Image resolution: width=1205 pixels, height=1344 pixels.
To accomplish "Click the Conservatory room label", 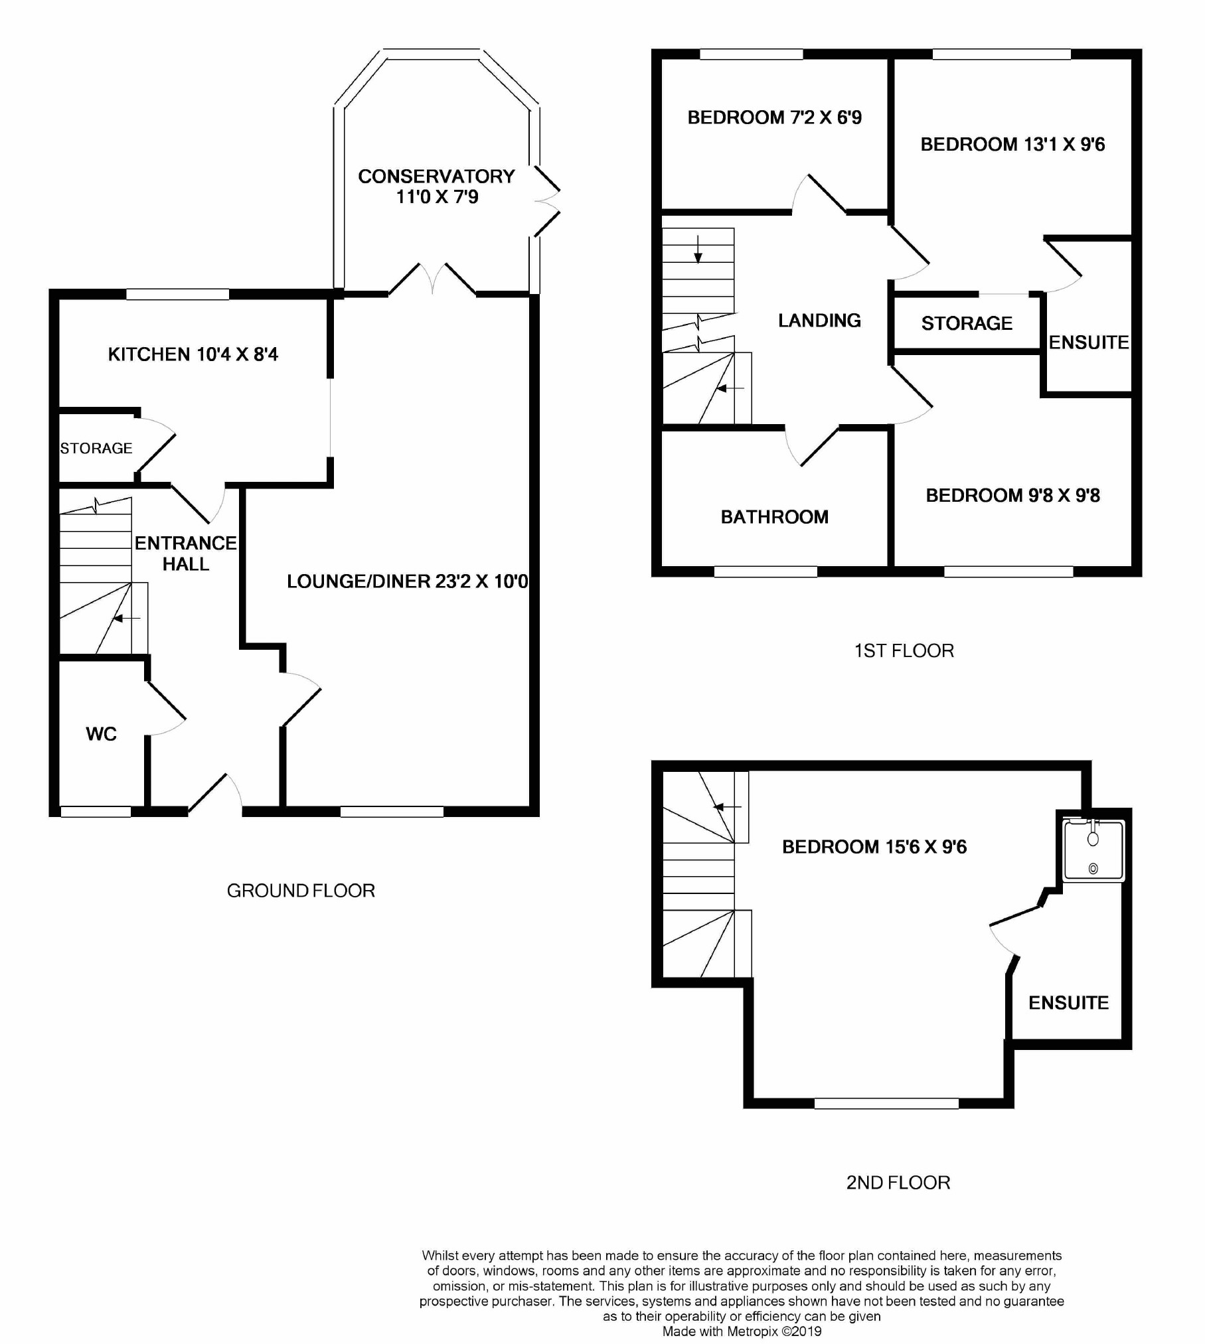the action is click(x=436, y=187).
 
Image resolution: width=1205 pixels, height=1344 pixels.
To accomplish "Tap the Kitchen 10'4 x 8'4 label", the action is click(x=193, y=354).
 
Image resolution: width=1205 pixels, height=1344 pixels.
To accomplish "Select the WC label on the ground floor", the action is click(x=101, y=734).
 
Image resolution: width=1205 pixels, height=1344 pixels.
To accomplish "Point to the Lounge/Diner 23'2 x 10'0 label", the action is click(x=407, y=581).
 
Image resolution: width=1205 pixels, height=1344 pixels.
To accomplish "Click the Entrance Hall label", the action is click(x=185, y=554).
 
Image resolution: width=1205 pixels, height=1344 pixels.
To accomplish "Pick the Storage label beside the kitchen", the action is click(x=96, y=449).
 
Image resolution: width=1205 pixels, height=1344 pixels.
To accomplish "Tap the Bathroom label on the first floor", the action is click(x=774, y=517).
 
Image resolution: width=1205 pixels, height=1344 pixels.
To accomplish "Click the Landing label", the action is click(x=819, y=321).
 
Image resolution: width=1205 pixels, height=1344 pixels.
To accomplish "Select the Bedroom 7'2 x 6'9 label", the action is click(x=774, y=117).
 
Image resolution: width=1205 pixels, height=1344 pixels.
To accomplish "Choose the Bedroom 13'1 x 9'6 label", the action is click(x=1012, y=145).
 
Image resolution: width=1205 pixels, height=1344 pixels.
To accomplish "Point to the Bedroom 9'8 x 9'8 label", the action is click(x=1012, y=496).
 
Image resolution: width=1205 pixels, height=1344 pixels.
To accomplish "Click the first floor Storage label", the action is click(x=967, y=323).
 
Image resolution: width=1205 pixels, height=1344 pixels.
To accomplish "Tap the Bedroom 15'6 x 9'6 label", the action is click(x=874, y=847).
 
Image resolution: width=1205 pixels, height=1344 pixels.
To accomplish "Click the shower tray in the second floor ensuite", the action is click(x=1093, y=852).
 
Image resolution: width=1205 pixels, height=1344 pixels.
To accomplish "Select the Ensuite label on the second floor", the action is click(x=1068, y=1003).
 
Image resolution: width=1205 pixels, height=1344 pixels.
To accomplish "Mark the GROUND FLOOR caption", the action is click(x=301, y=891).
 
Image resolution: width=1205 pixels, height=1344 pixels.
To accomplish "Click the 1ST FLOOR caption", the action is click(x=904, y=650).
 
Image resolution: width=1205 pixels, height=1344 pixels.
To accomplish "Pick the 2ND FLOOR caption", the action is click(x=898, y=1183).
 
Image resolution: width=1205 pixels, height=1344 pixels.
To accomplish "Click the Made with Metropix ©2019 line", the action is click(x=742, y=1331).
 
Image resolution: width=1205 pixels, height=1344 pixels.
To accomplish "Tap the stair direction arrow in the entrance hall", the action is click(x=126, y=619).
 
